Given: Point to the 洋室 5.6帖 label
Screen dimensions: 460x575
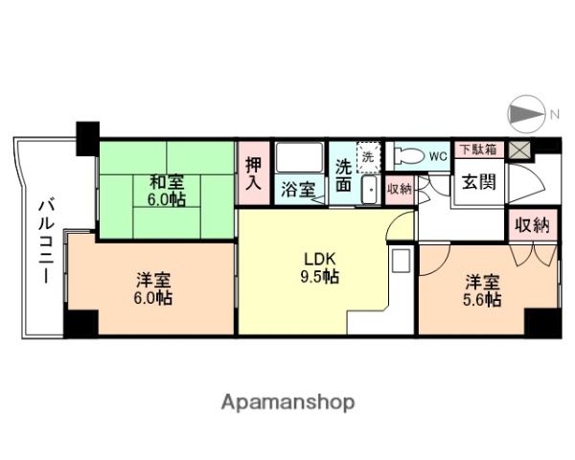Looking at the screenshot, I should tap(482, 289).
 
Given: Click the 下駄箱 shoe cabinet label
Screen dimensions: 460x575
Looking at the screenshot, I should tap(477, 149).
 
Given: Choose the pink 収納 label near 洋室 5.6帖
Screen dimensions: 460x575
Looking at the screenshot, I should tap(531, 226).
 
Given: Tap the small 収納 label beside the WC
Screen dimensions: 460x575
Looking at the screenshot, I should tap(399, 189).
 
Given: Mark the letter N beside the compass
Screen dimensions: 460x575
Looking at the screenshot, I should tap(553, 116).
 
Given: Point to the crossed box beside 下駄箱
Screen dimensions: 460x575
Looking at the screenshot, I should tap(518, 149).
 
